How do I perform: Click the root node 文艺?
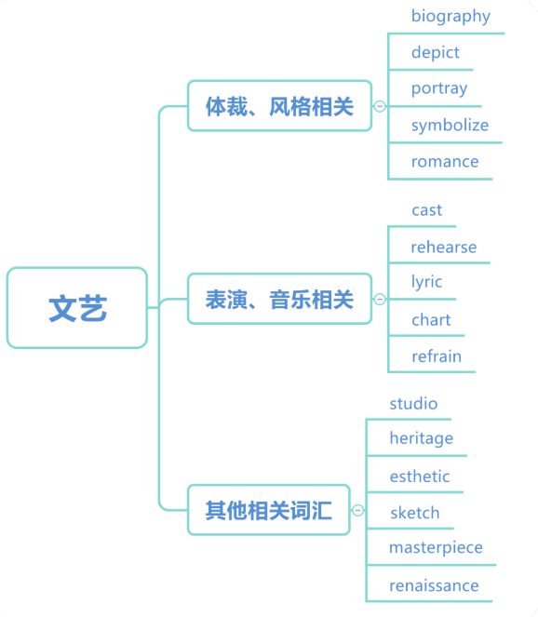tap(77, 308)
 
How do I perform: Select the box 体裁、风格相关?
tap(280, 106)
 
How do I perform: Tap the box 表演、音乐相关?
tap(280, 299)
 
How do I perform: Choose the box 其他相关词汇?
tap(269, 510)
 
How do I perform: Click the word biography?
tap(451, 17)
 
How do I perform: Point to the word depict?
tap(436, 52)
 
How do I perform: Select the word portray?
tap(439, 88)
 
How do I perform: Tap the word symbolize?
tap(450, 125)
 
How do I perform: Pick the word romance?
tap(445, 162)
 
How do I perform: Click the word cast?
tap(426, 210)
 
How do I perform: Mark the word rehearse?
tap(444, 248)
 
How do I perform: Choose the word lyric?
tap(426, 282)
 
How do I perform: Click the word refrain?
tap(437, 356)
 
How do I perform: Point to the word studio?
tap(413, 404)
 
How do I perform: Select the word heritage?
tap(421, 438)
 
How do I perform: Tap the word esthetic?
tap(420, 476)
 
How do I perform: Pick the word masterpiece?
tap(436, 548)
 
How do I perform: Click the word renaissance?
tap(434, 585)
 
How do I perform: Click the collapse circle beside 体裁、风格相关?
tap(380, 106)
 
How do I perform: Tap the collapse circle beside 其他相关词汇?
tap(357, 510)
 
